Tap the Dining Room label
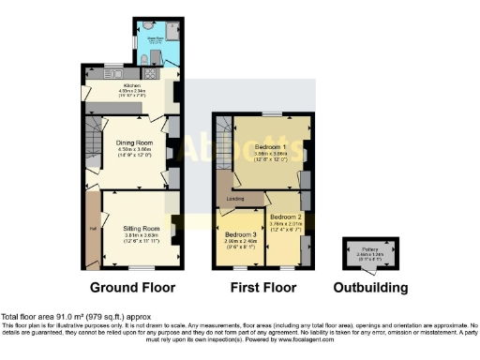tap(134, 142)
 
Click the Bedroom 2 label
tap(285, 216)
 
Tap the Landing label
tap(236, 198)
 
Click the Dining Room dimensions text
tap(134, 154)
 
